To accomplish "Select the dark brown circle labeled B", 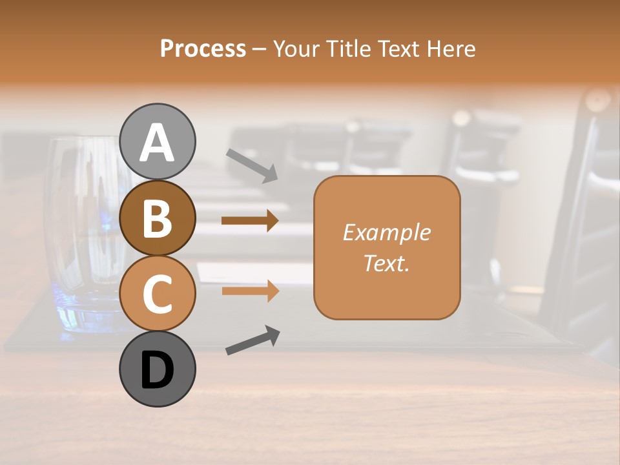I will pyautogui.click(x=158, y=218).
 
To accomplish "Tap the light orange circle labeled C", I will pyautogui.click(x=158, y=293).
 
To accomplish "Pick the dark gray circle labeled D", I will pyautogui.click(x=158, y=369).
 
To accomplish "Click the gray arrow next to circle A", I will pyautogui.click(x=252, y=165).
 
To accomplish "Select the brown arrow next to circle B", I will pyautogui.click(x=250, y=221).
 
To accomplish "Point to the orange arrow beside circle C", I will pyautogui.click(x=250, y=291).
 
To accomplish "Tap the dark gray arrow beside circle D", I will pyautogui.click(x=253, y=340).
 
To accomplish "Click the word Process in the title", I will pyautogui.click(x=203, y=49).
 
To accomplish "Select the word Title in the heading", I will pyautogui.click(x=348, y=49).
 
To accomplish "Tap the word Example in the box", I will pyautogui.click(x=386, y=232).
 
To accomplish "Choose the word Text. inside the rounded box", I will pyautogui.click(x=386, y=263).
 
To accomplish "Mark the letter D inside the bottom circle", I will pyautogui.click(x=158, y=370).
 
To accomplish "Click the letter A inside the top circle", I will pyautogui.click(x=158, y=143).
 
